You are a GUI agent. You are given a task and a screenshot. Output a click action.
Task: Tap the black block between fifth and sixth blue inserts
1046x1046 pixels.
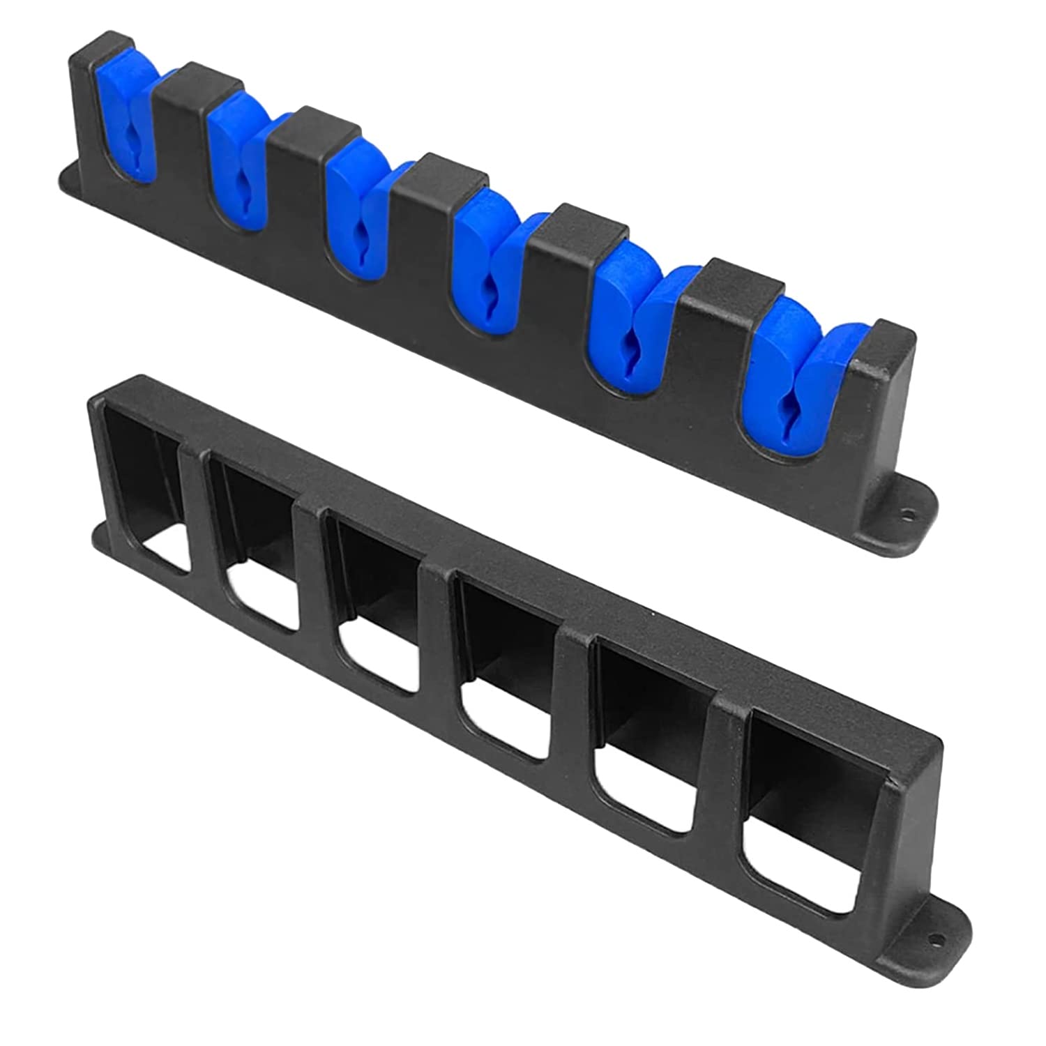click(729, 293)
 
